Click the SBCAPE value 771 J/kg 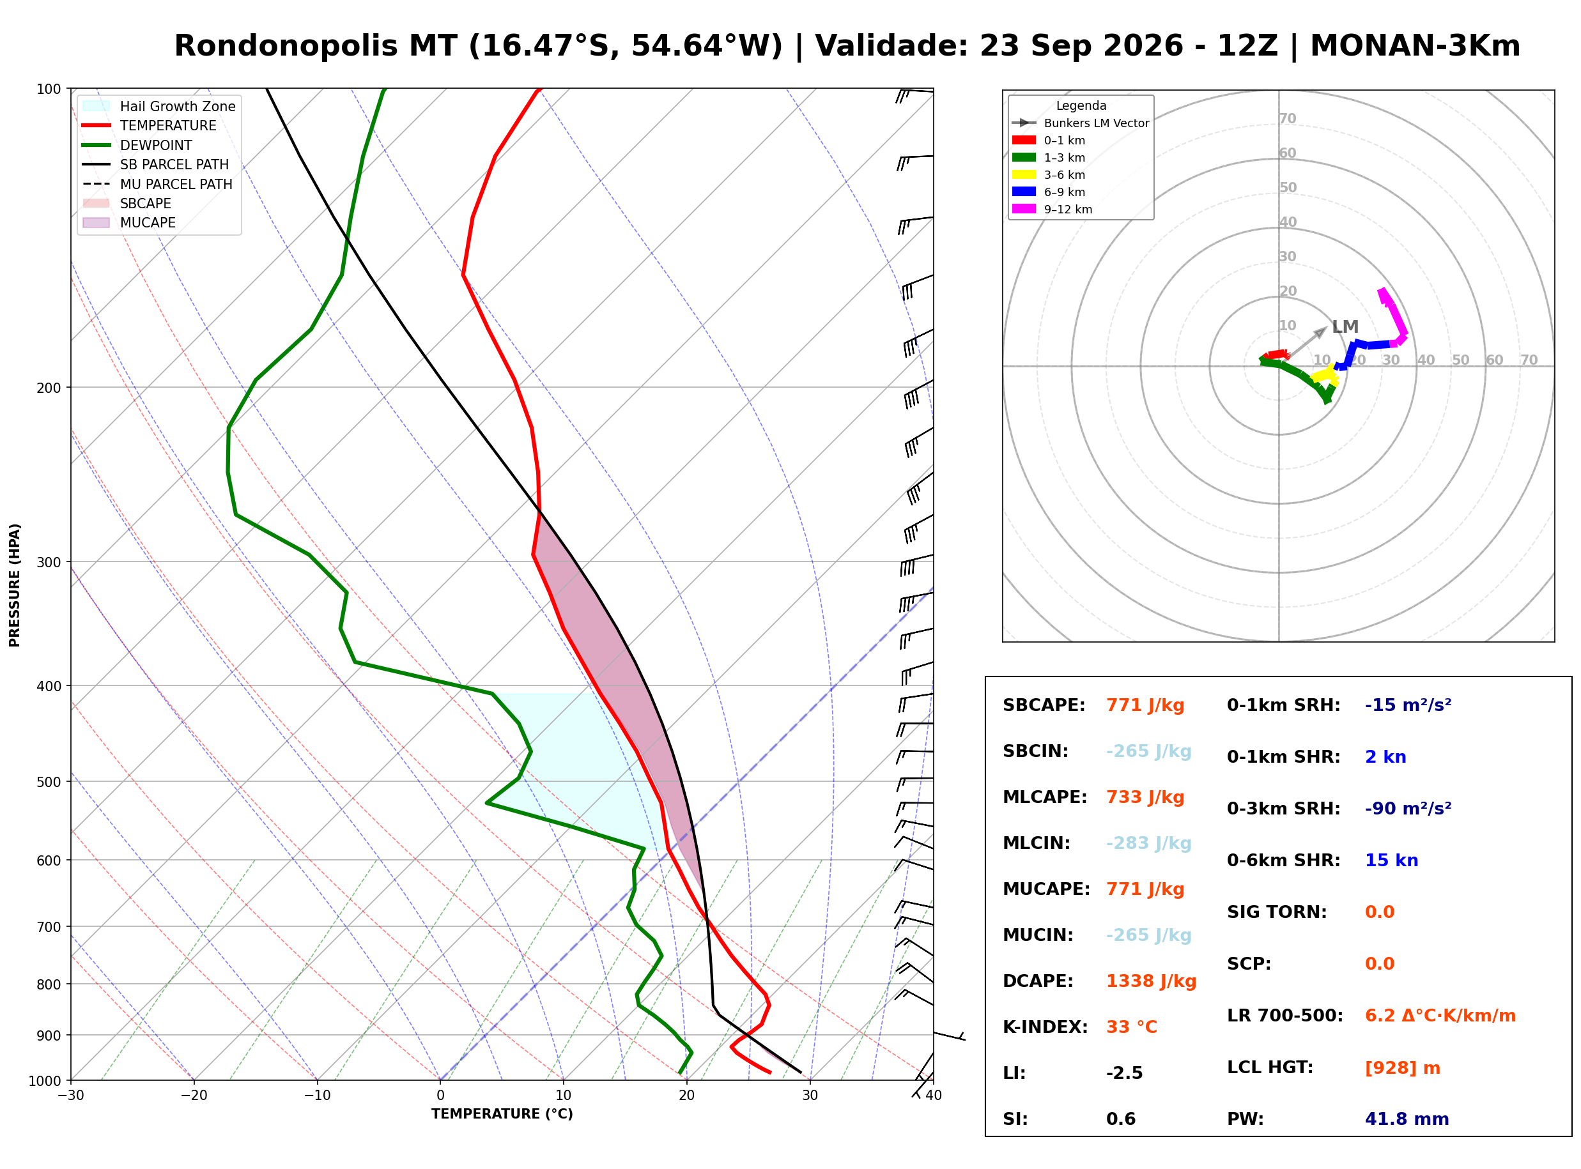(x=1145, y=705)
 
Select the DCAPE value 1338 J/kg (x=1151, y=981)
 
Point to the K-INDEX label (x=1045, y=1027)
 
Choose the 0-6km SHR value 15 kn (x=1391, y=860)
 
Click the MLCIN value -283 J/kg (x=1148, y=843)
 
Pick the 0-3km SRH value (x=1408, y=809)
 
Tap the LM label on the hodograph (x=1345, y=327)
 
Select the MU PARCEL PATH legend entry (x=157, y=184)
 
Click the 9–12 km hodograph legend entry (x=1052, y=210)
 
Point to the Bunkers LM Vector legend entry (x=1080, y=123)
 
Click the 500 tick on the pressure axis (x=50, y=782)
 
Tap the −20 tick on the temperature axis (x=193, y=1096)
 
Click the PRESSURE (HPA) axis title (x=15, y=585)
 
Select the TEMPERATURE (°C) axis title (x=502, y=1114)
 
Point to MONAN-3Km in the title (x=1415, y=47)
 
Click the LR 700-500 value (x=1440, y=1016)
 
